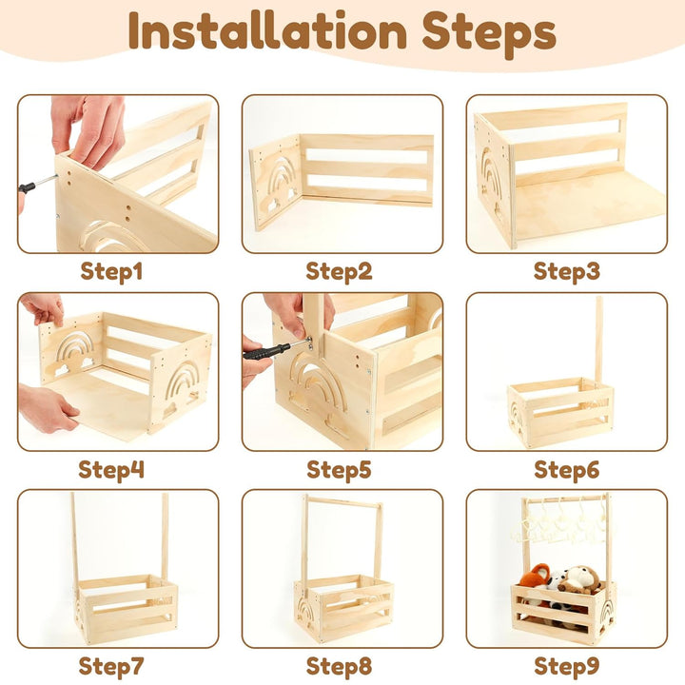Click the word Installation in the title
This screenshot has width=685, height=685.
tap(267, 30)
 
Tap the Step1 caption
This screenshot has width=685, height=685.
tap(111, 272)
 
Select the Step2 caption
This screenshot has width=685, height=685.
tap(339, 272)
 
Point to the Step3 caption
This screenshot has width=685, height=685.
tap(567, 272)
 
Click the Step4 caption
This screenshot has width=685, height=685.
tap(111, 470)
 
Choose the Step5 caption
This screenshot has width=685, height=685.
tap(339, 470)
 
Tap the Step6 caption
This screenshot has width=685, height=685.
tap(567, 470)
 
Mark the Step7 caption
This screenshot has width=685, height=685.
tap(111, 667)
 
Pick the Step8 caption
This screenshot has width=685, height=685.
tap(339, 667)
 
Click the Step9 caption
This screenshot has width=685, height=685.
tap(567, 667)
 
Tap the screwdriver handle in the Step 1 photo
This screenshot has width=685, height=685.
tap(27, 187)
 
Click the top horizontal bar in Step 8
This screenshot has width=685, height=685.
tap(342, 501)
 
